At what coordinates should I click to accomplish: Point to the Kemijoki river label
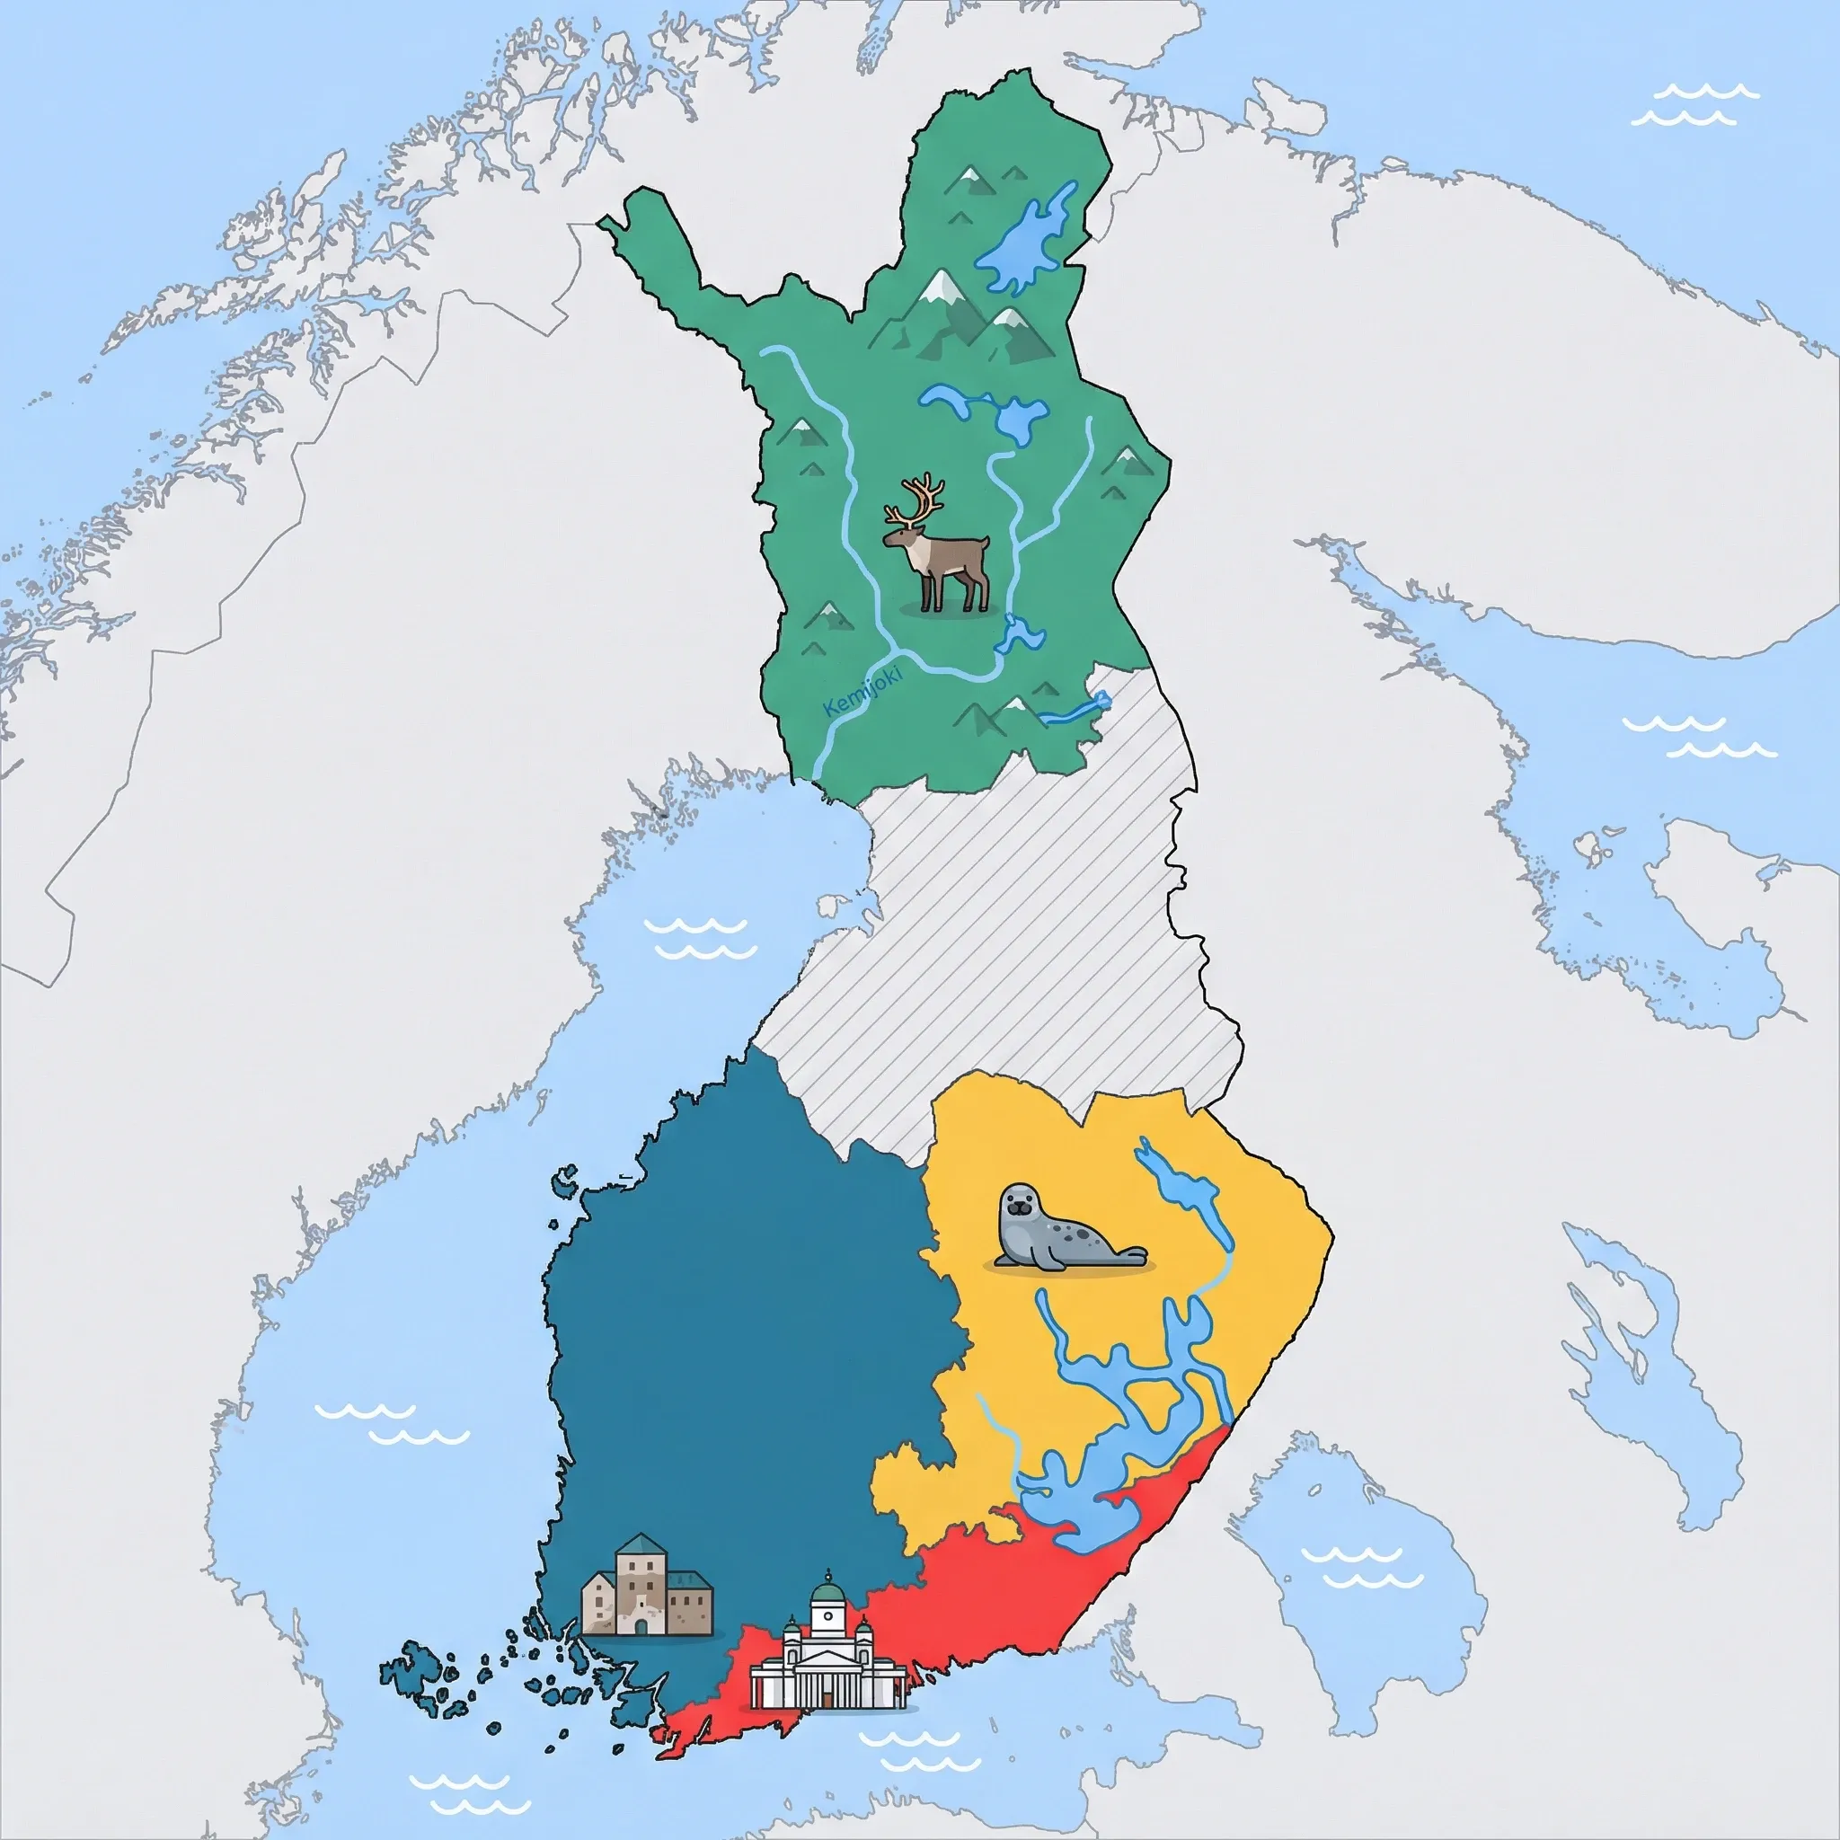pos(862,693)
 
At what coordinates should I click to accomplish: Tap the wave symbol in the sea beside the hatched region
pos(701,937)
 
